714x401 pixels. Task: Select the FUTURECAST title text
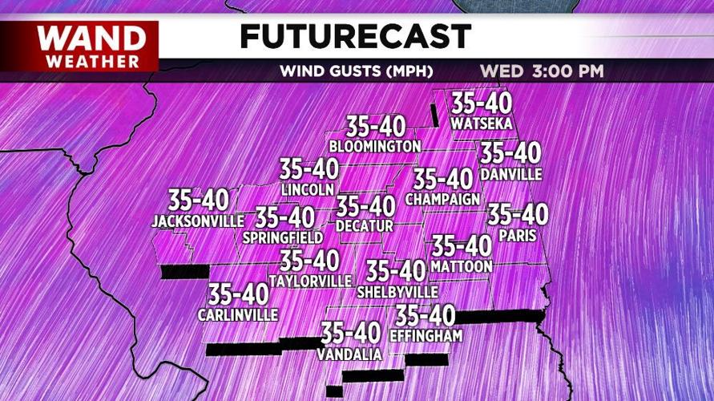[355, 36]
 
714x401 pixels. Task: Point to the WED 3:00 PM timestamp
[542, 71]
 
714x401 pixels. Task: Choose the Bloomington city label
[375, 147]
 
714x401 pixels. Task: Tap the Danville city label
[511, 174]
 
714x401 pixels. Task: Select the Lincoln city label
[308, 190]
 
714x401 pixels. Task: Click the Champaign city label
[443, 199]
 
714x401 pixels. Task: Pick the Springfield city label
[284, 237]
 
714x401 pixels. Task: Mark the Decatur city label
[365, 227]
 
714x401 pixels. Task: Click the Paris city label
[517, 236]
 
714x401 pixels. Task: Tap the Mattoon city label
[461, 266]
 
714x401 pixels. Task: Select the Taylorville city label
[310, 282]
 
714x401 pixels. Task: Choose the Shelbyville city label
[398, 291]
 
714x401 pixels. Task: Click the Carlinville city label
[238, 315]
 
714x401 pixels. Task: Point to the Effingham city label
[426, 336]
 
